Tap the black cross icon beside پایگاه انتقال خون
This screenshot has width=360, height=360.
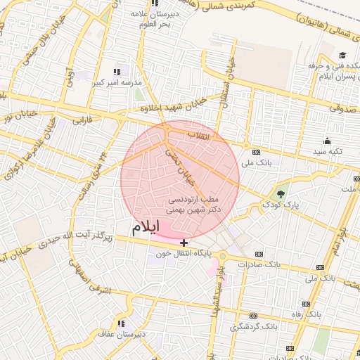coord(184,243)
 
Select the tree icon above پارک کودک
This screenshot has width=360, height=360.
coord(281,193)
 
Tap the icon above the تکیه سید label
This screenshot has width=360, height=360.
coord(328,141)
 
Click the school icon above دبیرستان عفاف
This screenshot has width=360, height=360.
coord(121,323)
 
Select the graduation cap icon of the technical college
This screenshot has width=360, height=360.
coord(342,56)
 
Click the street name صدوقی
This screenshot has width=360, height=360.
coord(344,110)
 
